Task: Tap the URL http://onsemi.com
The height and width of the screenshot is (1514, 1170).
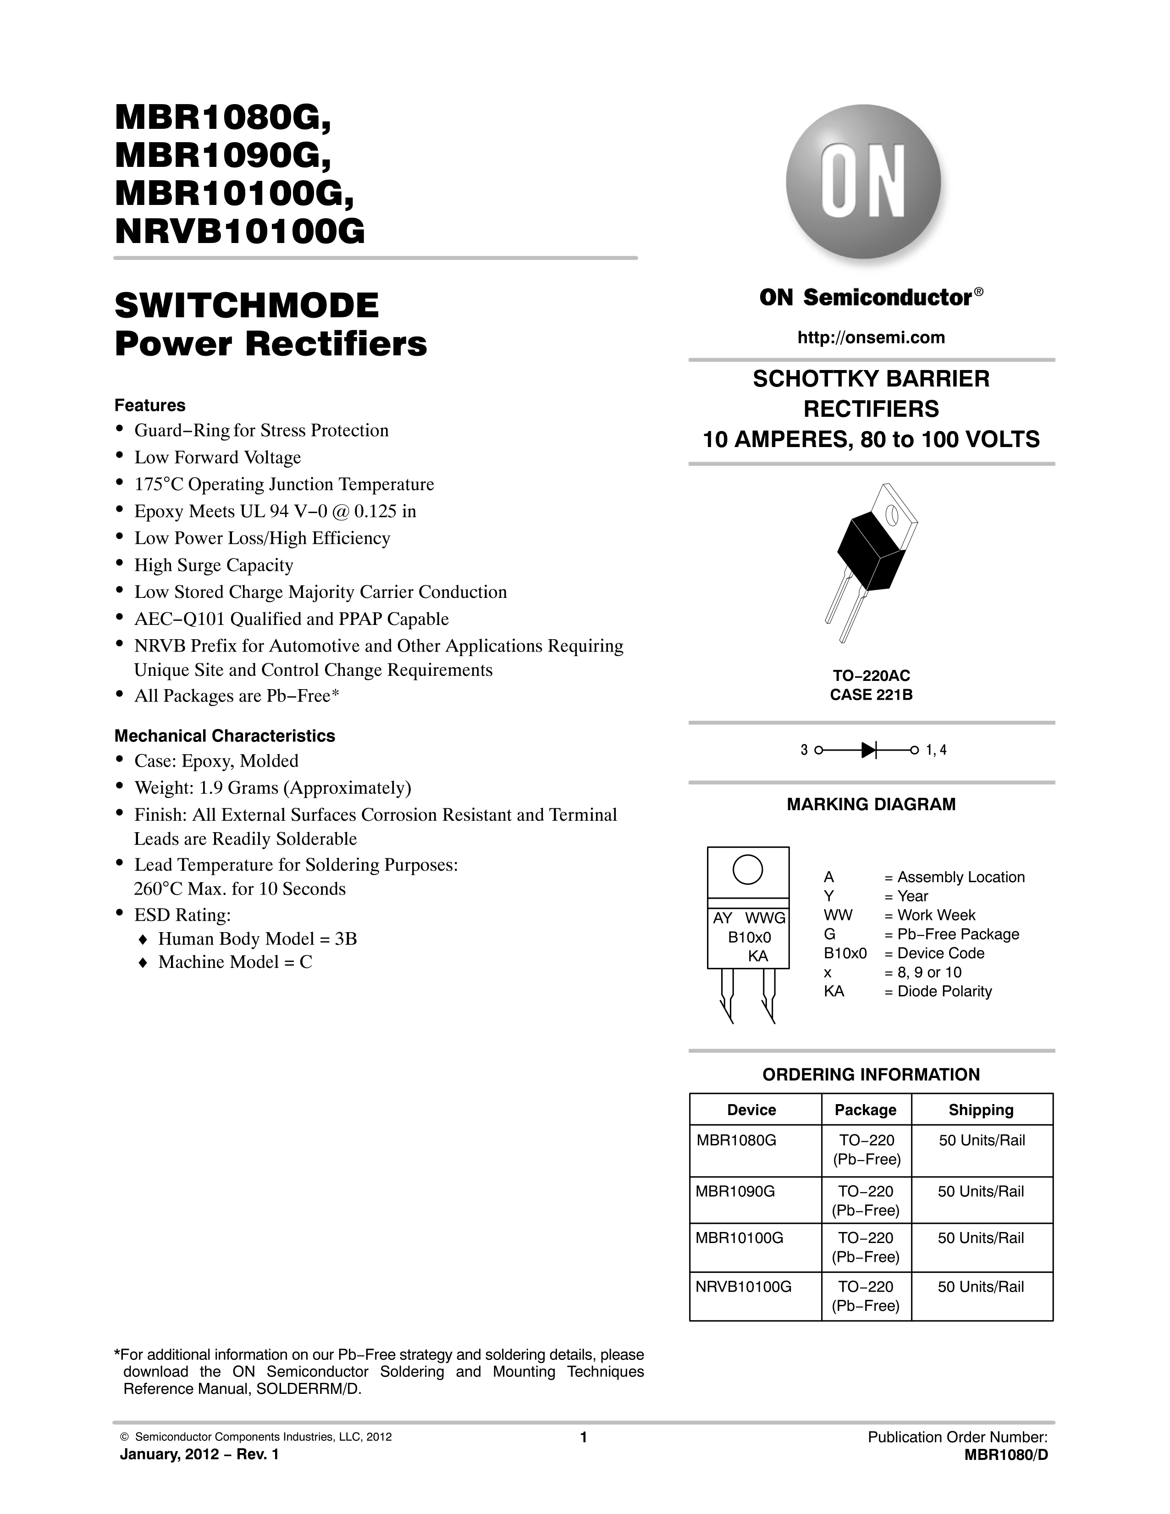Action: click(x=871, y=337)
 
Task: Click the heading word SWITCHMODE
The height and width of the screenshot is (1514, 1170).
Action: click(x=247, y=306)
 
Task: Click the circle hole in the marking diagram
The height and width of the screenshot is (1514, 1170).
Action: click(x=748, y=869)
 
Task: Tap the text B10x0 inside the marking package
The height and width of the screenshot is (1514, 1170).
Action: click(x=749, y=937)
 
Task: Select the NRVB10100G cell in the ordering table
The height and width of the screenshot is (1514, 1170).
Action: click(x=743, y=1287)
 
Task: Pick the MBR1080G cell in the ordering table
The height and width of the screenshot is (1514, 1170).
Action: click(x=736, y=1140)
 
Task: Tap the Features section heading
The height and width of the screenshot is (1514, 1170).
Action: click(x=150, y=405)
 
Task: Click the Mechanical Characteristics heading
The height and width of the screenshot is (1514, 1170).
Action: click(x=225, y=735)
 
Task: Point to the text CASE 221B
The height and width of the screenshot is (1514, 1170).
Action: click(x=871, y=695)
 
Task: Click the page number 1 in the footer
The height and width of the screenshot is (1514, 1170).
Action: click(x=584, y=1437)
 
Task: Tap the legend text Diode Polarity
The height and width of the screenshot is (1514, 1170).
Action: click(x=944, y=991)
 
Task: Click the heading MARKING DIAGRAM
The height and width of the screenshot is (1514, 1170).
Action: click(x=871, y=804)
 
